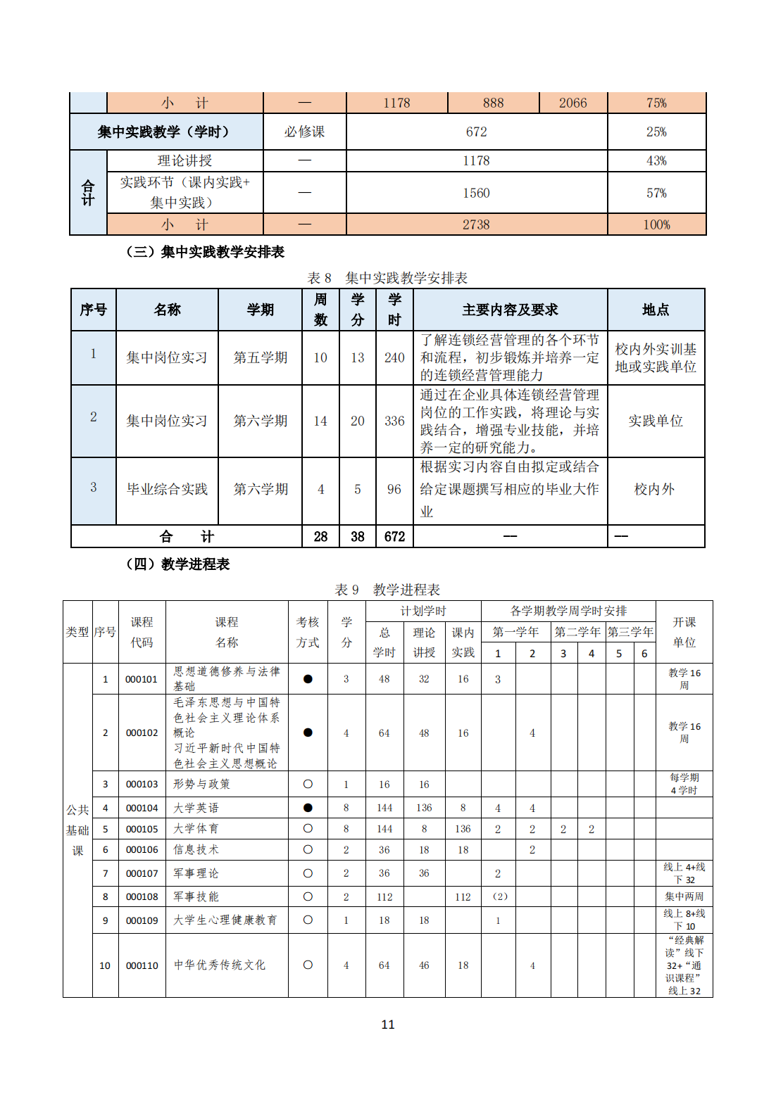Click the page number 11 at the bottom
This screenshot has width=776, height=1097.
pos(388,1025)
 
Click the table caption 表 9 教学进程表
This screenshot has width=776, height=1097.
pos(387,590)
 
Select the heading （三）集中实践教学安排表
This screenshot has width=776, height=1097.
pos(205,252)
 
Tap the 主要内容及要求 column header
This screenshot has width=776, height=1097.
pos(510,310)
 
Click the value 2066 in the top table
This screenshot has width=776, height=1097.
pos(572,103)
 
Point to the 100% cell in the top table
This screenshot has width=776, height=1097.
pos(656,224)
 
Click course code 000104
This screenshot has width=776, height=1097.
pos(142,808)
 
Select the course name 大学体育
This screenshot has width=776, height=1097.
pos(196,829)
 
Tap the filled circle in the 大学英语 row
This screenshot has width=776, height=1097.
pos(308,808)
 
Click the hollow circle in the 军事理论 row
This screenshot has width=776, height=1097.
pos(308,873)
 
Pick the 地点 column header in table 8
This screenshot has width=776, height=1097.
pos(656,310)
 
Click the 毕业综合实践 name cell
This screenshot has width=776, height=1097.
pos(167,489)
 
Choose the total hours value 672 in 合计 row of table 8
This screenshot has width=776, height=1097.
pos(394,537)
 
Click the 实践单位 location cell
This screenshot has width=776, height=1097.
pos(656,421)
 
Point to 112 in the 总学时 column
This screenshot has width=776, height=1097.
pos(384,896)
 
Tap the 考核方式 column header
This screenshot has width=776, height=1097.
pos(308,632)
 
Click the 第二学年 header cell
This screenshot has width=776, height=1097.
pos(577,632)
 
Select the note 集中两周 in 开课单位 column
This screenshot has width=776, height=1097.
pos(684,896)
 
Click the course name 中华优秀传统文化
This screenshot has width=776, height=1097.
pos(220,965)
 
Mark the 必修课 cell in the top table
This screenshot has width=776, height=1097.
pos(304,132)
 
